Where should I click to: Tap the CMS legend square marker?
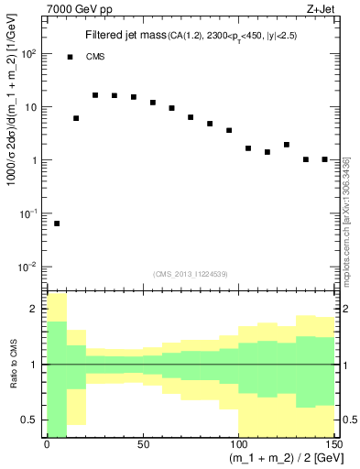[x=71, y=57]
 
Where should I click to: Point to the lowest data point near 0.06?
[x=57, y=224]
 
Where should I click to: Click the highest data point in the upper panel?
[x=95, y=94]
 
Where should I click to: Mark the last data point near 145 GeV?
[x=324, y=159]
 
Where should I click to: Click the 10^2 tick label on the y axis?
[x=27, y=54]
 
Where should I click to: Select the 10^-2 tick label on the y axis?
[x=27, y=267]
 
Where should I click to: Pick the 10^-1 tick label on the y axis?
[x=27, y=213]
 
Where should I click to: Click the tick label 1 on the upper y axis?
[x=35, y=160]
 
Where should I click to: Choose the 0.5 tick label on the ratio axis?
[x=30, y=420]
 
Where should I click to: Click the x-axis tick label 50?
[x=142, y=444]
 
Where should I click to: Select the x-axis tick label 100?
[x=237, y=444]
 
